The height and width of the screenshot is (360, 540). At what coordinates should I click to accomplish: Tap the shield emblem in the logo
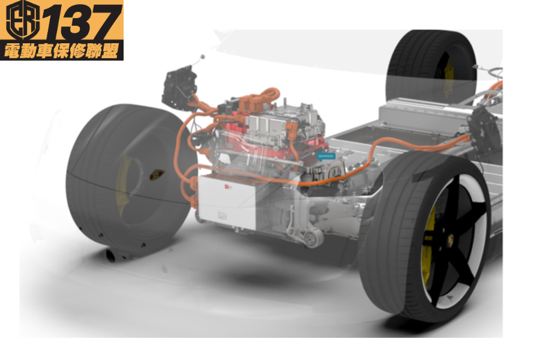(23, 20)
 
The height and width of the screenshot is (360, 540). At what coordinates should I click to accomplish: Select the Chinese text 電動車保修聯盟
(61, 50)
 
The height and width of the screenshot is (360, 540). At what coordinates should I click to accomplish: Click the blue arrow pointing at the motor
(325, 156)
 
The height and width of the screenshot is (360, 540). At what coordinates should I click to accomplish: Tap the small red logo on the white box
(228, 187)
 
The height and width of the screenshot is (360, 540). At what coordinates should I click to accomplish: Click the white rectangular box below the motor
(227, 202)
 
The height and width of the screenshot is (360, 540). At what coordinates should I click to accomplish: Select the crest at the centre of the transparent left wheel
(157, 175)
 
